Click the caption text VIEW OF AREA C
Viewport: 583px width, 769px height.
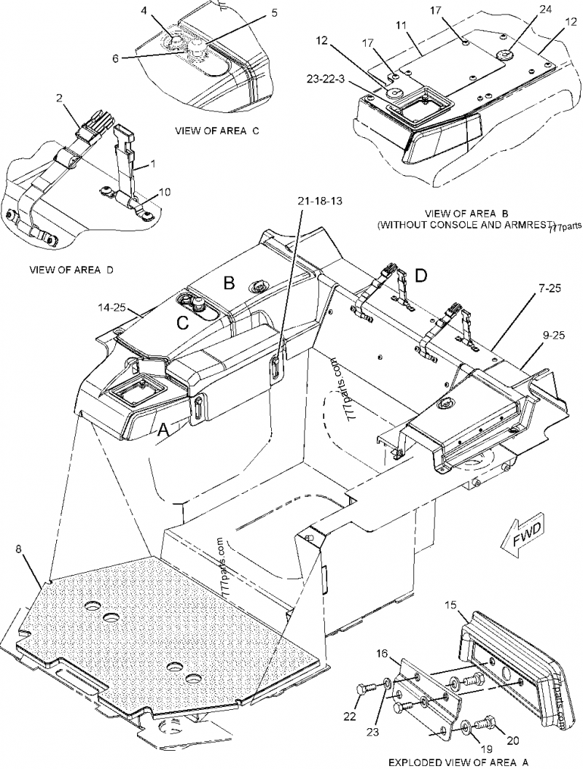tap(217, 131)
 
